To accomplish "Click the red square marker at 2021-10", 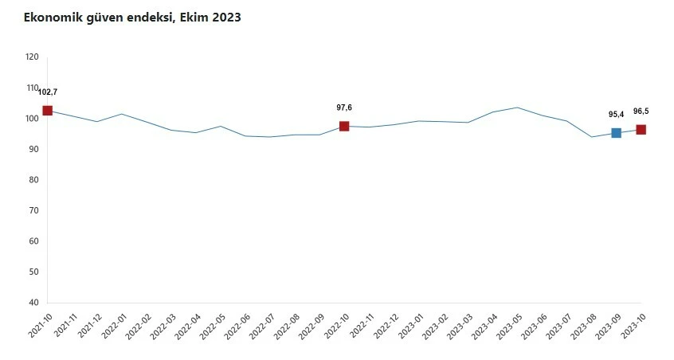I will [48, 111].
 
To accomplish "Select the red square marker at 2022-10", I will [344, 126].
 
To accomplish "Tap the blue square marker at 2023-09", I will [616, 133].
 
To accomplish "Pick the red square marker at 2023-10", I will [641, 130].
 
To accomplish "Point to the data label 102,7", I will [48, 92].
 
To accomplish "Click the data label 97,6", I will [344, 108].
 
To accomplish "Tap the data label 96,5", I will [641, 112].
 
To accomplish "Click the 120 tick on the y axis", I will [32, 57].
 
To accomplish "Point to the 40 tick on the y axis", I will [33, 303].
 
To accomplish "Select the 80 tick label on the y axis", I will [33, 180].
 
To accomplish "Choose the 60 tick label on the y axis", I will [33, 241].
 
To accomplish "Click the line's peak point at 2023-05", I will [517, 108].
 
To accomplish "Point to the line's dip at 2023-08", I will [591, 137].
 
